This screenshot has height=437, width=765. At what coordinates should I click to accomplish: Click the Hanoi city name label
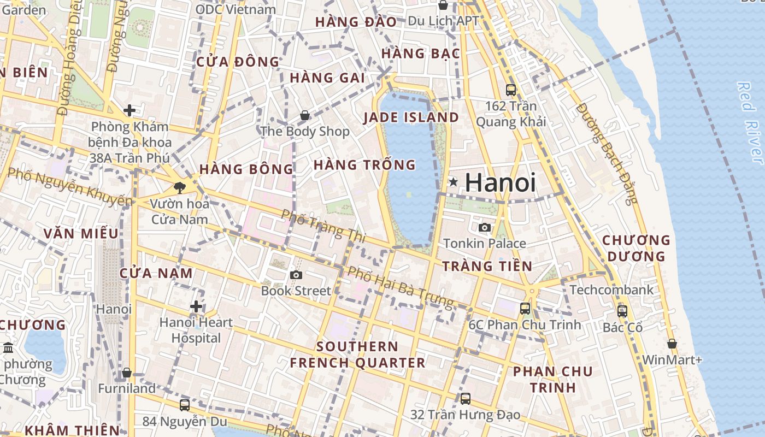pyautogui.click(x=500, y=182)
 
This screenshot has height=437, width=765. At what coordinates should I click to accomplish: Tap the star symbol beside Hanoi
pyautogui.click(x=453, y=182)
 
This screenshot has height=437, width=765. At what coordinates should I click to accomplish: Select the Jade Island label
pyautogui.click(x=411, y=117)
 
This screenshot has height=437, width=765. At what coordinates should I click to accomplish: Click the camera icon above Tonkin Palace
pyautogui.click(x=484, y=227)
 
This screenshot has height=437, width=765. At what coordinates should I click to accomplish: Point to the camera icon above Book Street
pyautogui.click(x=296, y=275)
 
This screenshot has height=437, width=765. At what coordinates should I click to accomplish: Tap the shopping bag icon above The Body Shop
pyautogui.click(x=305, y=115)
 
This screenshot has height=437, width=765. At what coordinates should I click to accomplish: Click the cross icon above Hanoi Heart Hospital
pyautogui.click(x=196, y=306)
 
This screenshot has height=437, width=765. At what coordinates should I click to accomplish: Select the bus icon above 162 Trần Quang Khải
pyautogui.click(x=511, y=90)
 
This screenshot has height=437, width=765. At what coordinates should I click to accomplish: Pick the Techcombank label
pyautogui.click(x=611, y=290)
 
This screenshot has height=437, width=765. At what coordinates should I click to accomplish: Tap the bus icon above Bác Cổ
pyautogui.click(x=622, y=311)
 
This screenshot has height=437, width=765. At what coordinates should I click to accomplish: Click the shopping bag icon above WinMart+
pyautogui.click(x=672, y=344)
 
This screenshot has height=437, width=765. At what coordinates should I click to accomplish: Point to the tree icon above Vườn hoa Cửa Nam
pyautogui.click(x=179, y=188)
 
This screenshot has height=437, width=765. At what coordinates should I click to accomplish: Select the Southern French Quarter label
pyautogui.click(x=357, y=355)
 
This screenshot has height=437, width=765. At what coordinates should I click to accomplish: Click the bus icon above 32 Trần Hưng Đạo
pyautogui.click(x=466, y=399)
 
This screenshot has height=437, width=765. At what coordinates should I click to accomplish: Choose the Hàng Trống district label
pyautogui.click(x=364, y=164)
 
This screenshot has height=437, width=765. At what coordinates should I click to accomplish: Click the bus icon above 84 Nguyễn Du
pyautogui.click(x=185, y=405)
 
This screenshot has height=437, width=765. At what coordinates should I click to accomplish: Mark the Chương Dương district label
pyautogui.click(x=635, y=248)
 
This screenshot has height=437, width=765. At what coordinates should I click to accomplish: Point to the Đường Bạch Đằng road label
pyautogui.click(x=607, y=153)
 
